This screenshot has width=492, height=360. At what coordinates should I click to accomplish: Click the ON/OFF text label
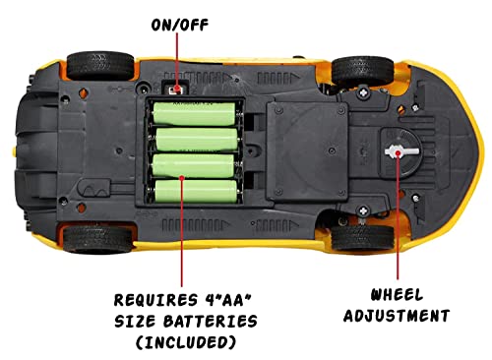179,25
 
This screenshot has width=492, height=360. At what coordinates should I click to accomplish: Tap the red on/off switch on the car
178,89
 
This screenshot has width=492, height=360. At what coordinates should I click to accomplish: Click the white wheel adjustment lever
398,153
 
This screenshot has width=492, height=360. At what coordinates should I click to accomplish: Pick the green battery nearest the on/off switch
194,117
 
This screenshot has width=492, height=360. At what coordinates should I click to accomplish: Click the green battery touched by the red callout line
194,185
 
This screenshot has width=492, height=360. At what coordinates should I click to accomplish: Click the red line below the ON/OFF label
179,59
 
